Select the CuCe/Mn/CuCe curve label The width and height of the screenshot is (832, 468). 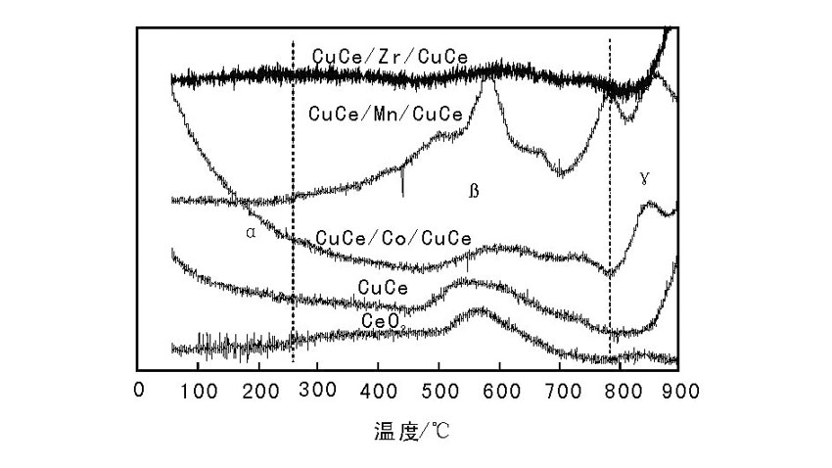[x=385, y=114]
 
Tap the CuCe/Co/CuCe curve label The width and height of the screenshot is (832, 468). [x=393, y=238]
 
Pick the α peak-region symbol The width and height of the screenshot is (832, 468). [x=251, y=233]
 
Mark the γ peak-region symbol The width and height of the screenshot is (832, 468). [x=644, y=178]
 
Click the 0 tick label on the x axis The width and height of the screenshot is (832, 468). [x=138, y=392]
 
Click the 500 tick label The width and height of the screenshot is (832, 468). [x=439, y=392]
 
